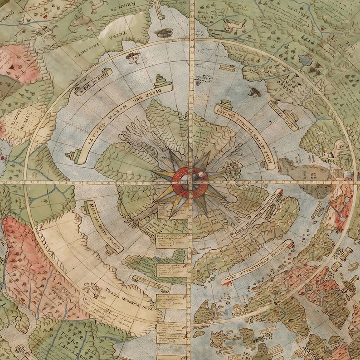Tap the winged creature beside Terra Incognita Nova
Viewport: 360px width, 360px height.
pos(96,288)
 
